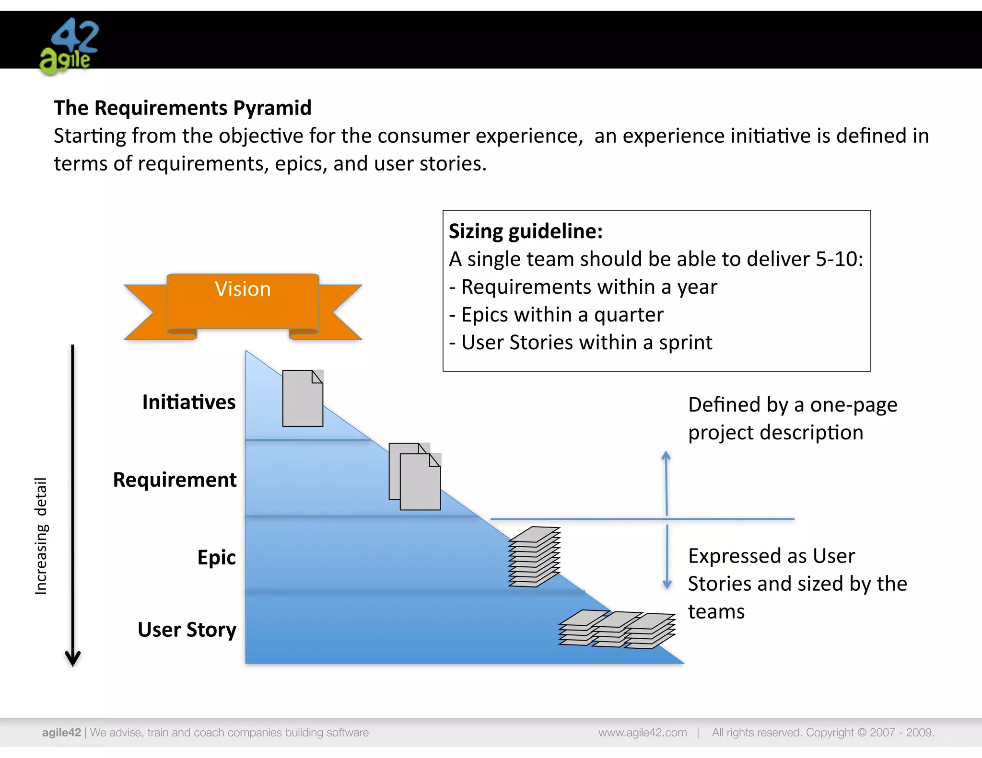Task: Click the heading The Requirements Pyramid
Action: click(182, 108)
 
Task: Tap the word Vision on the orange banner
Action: click(243, 289)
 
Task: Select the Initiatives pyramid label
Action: click(189, 402)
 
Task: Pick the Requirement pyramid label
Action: click(175, 480)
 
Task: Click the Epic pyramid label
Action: click(216, 557)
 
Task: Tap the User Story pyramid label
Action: click(187, 630)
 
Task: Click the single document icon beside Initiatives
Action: click(303, 398)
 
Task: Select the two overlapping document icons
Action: click(415, 476)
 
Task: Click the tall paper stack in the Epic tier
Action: click(534, 557)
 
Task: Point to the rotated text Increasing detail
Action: click(41, 536)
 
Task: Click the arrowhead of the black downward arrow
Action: click(73, 659)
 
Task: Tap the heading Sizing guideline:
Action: click(526, 231)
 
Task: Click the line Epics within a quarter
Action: click(556, 315)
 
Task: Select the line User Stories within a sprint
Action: click(581, 343)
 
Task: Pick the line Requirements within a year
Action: click(583, 287)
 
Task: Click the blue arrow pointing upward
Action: click(666, 482)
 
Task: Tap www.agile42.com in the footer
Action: click(643, 732)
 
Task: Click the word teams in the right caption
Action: click(716, 612)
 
